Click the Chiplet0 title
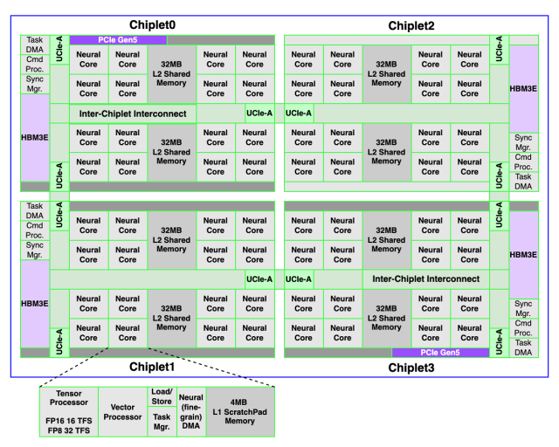coord(152,25)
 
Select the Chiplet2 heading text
coord(411,25)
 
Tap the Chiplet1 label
coord(152,367)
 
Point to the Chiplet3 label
coord(411,368)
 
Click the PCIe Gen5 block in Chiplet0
coord(118,40)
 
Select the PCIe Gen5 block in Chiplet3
coord(440,353)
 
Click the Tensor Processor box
coord(69,412)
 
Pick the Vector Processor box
coord(122,412)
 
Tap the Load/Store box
coord(162,396)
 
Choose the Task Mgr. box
coord(162,422)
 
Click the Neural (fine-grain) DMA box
coord(191,412)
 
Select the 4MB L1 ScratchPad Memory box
coord(240,412)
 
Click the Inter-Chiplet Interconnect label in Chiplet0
coord(133,113)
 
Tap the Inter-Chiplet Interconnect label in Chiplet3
coord(426,279)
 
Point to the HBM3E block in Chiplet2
coord(523,89)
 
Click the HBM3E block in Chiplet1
coord(35,303)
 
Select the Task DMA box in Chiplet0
coord(35,45)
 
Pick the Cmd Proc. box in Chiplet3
coord(523,328)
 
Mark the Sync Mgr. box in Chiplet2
coord(523,142)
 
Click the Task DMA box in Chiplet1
coord(35,210)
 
